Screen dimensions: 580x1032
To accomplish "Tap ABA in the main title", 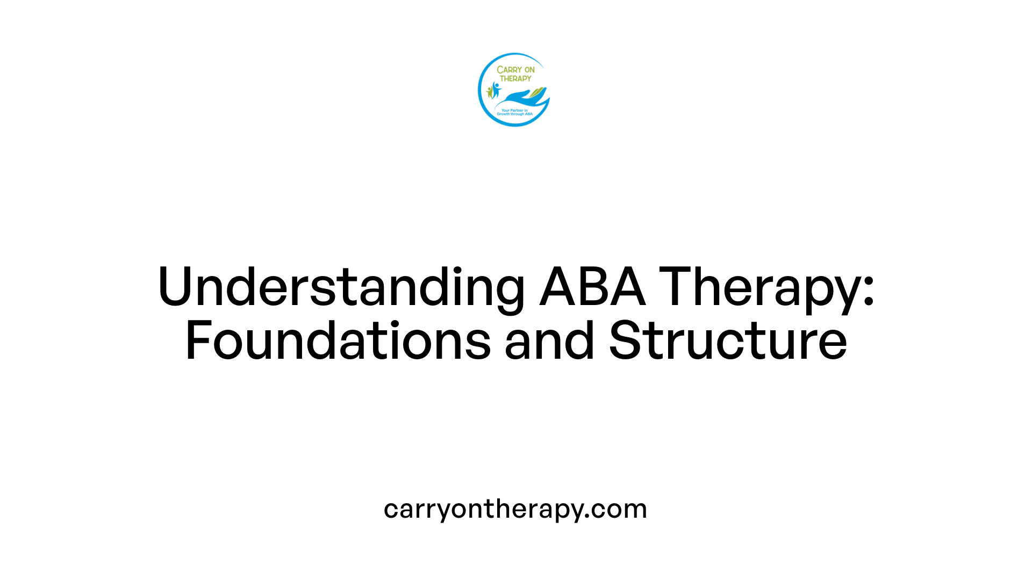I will [x=592, y=287].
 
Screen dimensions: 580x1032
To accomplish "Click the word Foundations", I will [x=338, y=341].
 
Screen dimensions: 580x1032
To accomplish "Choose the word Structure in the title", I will [x=728, y=341].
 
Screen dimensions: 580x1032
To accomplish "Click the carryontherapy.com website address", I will [x=515, y=509].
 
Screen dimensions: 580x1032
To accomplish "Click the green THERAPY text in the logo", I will [x=515, y=78].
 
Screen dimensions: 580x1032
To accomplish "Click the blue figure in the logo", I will [x=496, y=89].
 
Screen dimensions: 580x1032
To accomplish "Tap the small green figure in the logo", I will [x=489, y=92].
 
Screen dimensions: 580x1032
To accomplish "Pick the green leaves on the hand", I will [x=537, y=93].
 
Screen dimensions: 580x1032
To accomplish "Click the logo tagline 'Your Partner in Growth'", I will [x=514, y=112].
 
